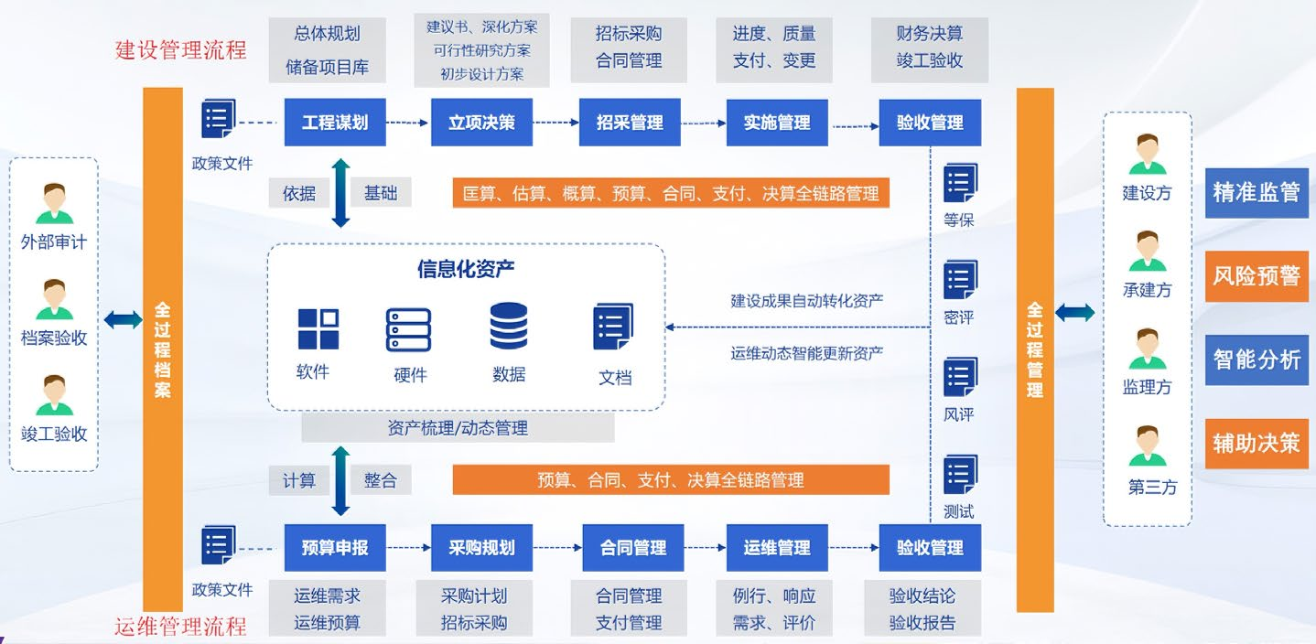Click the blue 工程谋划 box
334,122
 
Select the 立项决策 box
481,122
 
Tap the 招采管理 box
630,122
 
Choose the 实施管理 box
777,122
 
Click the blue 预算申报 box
334,547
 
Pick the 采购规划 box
481,547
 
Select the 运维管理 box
777,547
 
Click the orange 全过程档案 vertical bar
163,349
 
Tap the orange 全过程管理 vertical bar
1035,349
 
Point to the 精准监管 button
1256,192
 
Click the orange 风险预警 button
1256,275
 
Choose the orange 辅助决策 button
1256,443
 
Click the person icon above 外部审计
54,204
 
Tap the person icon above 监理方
1147,349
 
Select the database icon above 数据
509,327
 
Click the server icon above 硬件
408,330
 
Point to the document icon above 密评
960,280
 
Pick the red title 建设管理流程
181,49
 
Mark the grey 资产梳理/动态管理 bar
458,428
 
